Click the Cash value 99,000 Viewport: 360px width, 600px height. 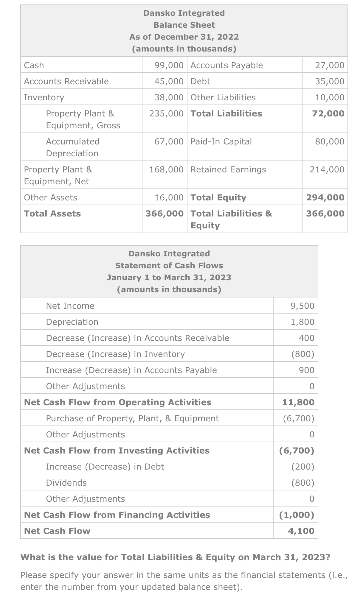[169, 65]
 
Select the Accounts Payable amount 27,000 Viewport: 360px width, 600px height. [330, 65]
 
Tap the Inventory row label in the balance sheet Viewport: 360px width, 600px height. [44, 97]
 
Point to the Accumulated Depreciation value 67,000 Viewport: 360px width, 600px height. [169, 141]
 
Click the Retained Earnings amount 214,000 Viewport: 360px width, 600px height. [327, 169]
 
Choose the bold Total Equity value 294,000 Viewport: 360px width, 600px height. [325, 197]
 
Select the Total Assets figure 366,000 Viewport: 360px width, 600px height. [165, 213]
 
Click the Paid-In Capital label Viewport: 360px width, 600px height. [221, 141]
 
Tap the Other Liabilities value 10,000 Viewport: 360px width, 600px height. [330, 97]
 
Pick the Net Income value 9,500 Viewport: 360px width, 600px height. [302, 306]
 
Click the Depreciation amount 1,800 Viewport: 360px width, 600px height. [302, 322]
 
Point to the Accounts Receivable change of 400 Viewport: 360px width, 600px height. [306, 338]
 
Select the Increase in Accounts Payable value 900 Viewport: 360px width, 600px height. [306, 370]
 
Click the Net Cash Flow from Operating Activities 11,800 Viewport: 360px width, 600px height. [298, 402]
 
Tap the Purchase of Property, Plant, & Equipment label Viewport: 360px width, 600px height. [132, 418]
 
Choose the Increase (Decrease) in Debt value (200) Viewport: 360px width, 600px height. [302, 467]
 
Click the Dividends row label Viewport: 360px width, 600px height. [66, 483]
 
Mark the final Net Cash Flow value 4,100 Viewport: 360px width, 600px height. [301, 531]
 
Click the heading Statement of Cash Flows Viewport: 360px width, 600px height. [169, 265]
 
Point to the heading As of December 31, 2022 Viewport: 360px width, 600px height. [184, 37]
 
